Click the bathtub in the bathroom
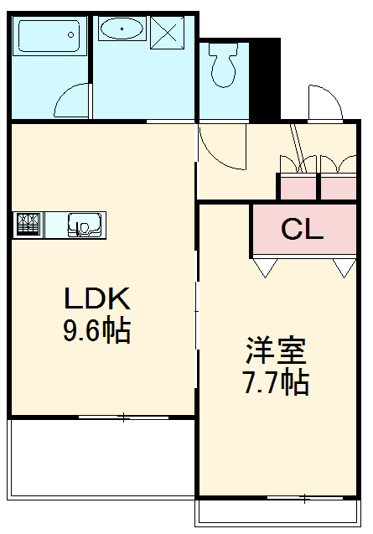pos(48,37)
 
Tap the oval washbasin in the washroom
pos(122,30)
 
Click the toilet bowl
pos(224,67)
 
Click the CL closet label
pos(302,230)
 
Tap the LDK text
pos(96,298)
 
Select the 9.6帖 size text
pos(96,331)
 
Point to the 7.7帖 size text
pos(275,382)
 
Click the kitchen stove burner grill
pos(28,224)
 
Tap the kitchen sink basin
pos(84,225)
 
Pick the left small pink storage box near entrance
pos(298,186)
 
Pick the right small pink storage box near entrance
pos(339,186)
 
